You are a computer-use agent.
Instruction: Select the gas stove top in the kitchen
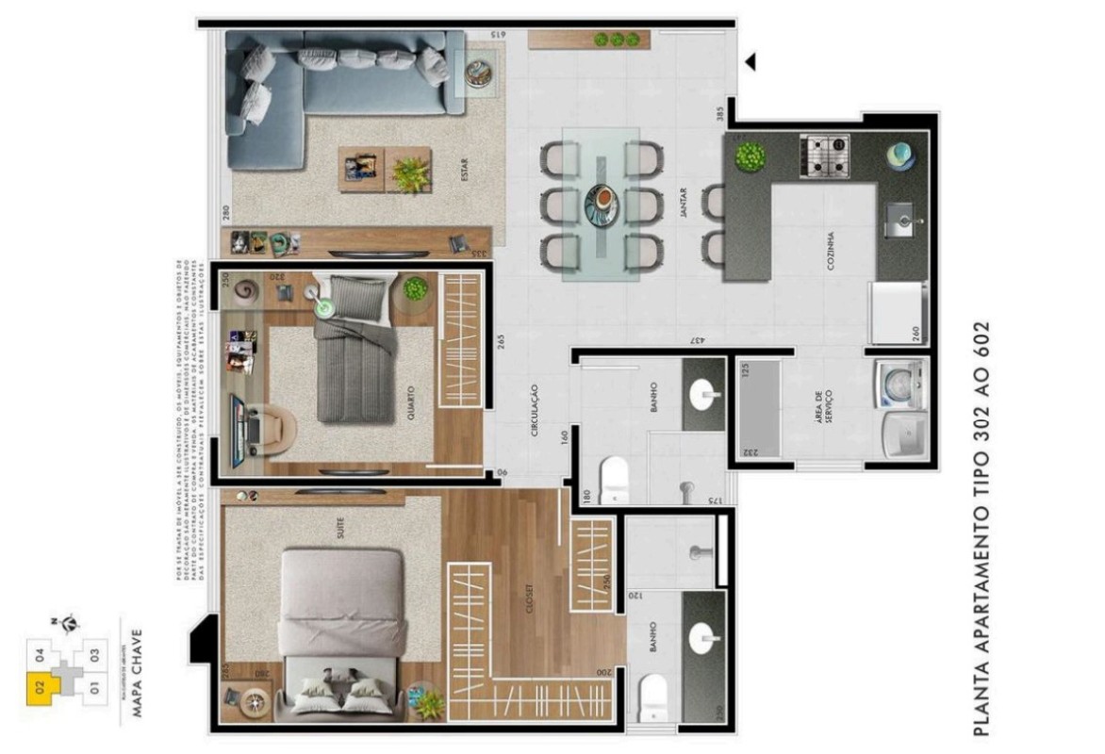(824, 156)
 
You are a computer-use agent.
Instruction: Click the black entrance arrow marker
(750, 62)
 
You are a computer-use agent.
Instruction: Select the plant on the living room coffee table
(410, 172)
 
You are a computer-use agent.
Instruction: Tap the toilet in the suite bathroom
(652, 699)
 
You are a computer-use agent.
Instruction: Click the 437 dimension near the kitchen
(694, 340)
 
